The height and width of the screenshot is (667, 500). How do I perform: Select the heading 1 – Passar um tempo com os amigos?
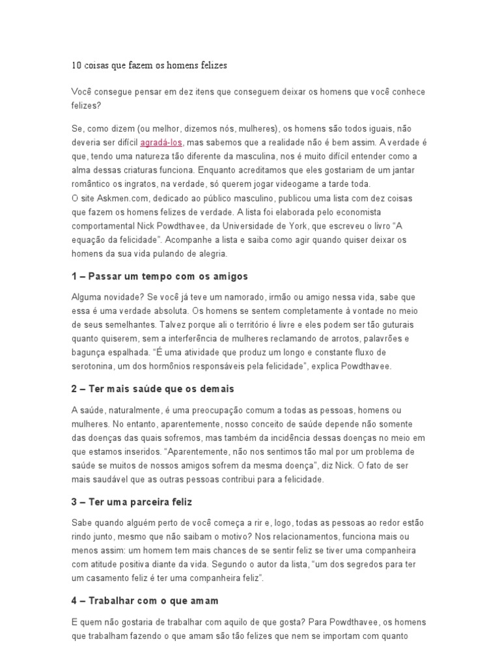160,276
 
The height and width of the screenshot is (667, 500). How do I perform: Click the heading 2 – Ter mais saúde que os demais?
153,388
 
